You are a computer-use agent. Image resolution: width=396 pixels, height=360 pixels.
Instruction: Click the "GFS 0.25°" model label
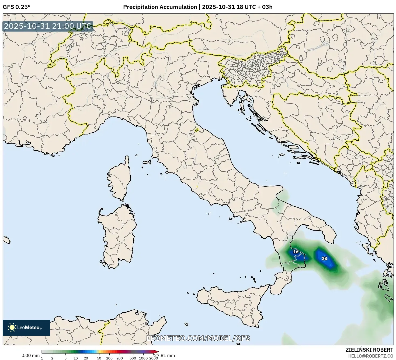coord(16,7)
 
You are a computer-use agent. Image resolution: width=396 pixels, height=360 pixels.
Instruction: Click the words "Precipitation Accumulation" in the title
coord(160,7)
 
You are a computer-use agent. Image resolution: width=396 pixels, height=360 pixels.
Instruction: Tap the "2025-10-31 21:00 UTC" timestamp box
coord(48,26)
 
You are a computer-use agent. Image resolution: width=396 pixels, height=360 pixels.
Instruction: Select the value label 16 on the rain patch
coord(296,252)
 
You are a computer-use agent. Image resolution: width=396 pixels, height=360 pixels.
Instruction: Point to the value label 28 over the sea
coord(324,259)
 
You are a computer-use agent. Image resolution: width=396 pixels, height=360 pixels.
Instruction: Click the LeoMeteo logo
coord(26,327)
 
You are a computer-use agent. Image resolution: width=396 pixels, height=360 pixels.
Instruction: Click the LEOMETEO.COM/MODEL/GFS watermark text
coord(198,338)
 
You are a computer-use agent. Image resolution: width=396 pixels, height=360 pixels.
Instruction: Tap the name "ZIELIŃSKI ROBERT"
coord(369,350)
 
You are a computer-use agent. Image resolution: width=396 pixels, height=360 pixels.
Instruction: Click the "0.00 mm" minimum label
coord(30,356)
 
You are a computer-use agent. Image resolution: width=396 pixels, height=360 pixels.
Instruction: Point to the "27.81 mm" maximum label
coord(165,356)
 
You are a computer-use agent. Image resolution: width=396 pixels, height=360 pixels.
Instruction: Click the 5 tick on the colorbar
coord(65,358)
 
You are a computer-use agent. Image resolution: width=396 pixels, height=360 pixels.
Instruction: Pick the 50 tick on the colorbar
coord(99,358)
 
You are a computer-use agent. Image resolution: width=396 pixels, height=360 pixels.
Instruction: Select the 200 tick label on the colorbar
coord(119,358)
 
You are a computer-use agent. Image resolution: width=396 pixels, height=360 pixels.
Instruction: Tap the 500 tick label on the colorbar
coord(133,358)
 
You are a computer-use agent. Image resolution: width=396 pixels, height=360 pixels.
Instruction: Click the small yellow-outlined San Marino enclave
coord(197,130)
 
